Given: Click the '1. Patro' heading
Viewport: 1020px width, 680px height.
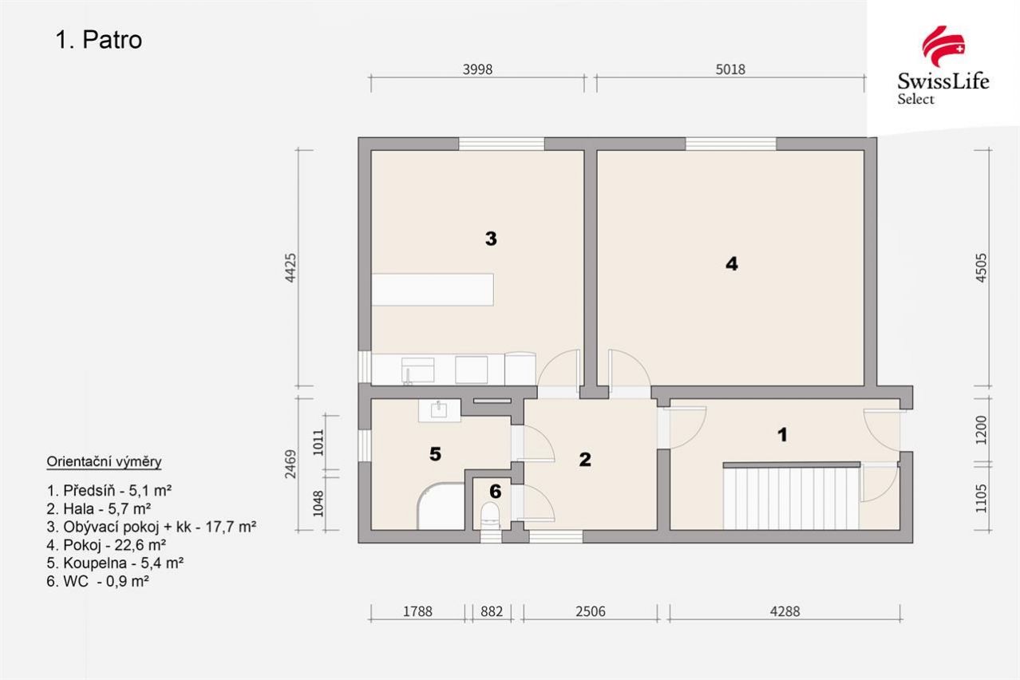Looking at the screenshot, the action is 98,40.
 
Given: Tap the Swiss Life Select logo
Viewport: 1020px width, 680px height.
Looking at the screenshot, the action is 943,65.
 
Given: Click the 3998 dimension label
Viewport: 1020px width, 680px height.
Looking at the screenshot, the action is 477,69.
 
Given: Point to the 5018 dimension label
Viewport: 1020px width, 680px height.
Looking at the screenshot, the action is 730,69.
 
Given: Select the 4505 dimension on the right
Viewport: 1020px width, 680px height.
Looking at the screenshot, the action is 982,268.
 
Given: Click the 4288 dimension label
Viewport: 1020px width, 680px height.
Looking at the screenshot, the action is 785,611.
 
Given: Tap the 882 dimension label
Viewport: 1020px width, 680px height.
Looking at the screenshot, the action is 492,611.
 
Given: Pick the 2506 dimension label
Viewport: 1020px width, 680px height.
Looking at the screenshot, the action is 591,611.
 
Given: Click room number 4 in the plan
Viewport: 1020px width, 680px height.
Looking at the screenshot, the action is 731,263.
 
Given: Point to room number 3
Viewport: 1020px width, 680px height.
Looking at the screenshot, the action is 491,238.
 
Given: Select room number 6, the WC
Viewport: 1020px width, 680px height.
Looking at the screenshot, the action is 495,491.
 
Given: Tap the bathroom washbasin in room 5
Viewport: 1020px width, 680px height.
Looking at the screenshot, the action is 440,411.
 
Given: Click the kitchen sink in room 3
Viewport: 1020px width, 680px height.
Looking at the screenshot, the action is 417,370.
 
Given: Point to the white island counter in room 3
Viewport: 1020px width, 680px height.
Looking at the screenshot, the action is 433,289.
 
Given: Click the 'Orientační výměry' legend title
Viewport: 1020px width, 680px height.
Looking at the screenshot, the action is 104,462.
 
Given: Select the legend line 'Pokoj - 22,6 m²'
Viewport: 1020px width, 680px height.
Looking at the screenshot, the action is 106,545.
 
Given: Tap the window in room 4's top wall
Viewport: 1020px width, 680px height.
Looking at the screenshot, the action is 731,144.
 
